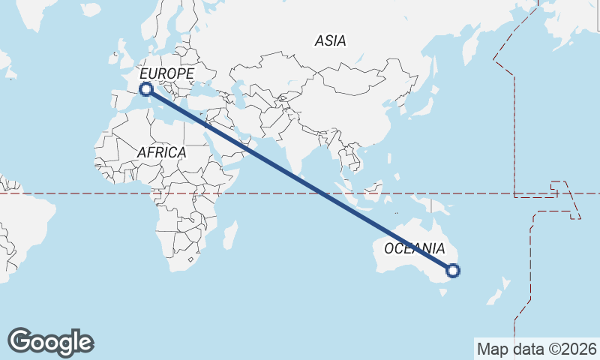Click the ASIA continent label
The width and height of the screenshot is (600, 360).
click(x=331, y=41)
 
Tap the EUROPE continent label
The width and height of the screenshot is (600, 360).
click(x=166, y=73)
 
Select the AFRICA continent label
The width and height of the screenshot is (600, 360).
click(x=161, y=152)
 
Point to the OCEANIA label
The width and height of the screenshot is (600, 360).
click(x=415, y=248)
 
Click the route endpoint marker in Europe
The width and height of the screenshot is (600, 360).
click(x=146, y=90)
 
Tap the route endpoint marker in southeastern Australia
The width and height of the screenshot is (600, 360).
click(x=452, y=271)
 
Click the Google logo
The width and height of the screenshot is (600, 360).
click(x=50, y=342)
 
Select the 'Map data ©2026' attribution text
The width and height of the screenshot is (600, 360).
click(x=536, y=349)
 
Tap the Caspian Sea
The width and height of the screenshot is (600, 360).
click(x=238, y=94)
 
